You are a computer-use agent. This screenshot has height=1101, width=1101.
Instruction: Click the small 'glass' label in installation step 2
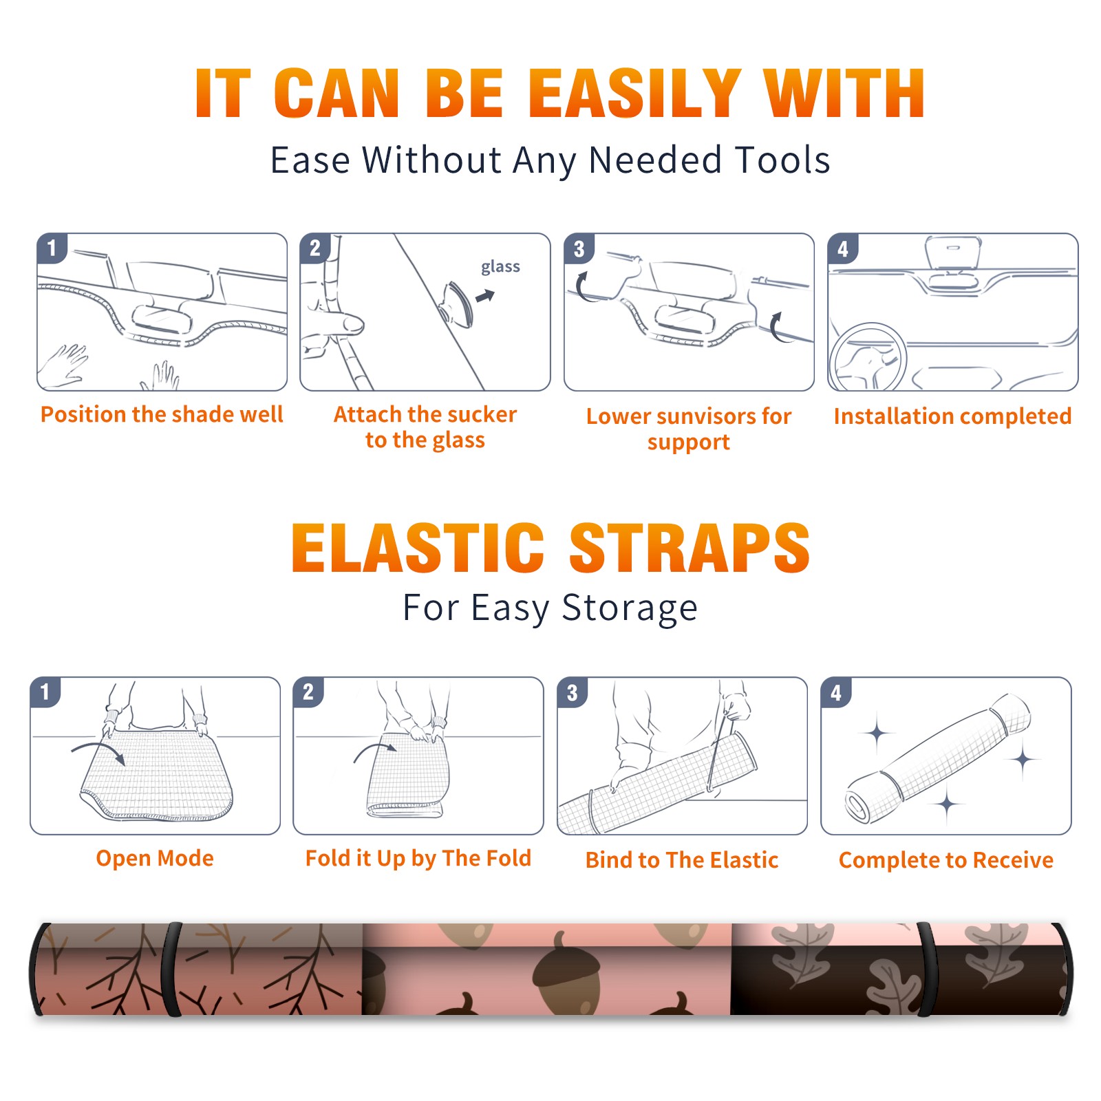500,267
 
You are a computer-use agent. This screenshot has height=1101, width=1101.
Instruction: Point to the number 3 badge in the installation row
579,248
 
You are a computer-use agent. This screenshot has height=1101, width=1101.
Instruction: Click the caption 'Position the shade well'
162,414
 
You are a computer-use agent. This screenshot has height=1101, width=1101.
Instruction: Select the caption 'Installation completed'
952,416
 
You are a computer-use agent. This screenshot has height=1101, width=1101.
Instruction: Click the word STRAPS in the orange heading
690,548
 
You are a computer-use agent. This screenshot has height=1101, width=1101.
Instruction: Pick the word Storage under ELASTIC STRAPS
630,608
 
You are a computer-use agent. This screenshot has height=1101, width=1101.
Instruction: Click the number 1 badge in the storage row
45,692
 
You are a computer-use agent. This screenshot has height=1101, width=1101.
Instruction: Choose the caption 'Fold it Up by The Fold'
418,858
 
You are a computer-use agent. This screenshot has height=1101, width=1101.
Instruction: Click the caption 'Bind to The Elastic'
682,859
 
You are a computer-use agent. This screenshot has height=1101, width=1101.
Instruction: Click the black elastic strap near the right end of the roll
926,970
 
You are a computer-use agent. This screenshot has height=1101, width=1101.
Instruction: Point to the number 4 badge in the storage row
836,692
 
